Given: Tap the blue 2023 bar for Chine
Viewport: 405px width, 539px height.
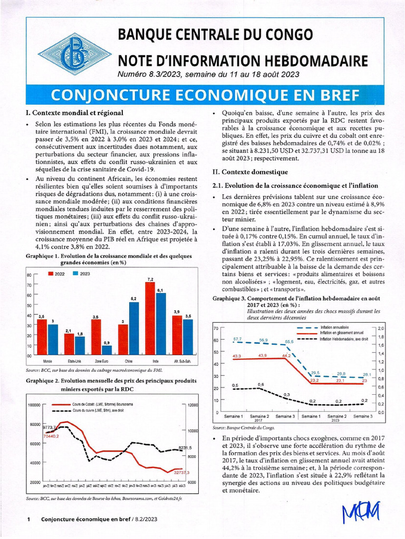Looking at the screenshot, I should [x=134, y=328].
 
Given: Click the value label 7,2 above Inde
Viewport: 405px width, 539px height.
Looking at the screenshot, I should [x=150, y=279].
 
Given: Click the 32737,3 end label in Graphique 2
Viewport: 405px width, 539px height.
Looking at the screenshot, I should [x=181, y=472].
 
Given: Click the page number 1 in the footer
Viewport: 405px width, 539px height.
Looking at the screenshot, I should [x=27, y=519].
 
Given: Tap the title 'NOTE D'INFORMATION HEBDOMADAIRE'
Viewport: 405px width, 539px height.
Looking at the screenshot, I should [x=243, y=61].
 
